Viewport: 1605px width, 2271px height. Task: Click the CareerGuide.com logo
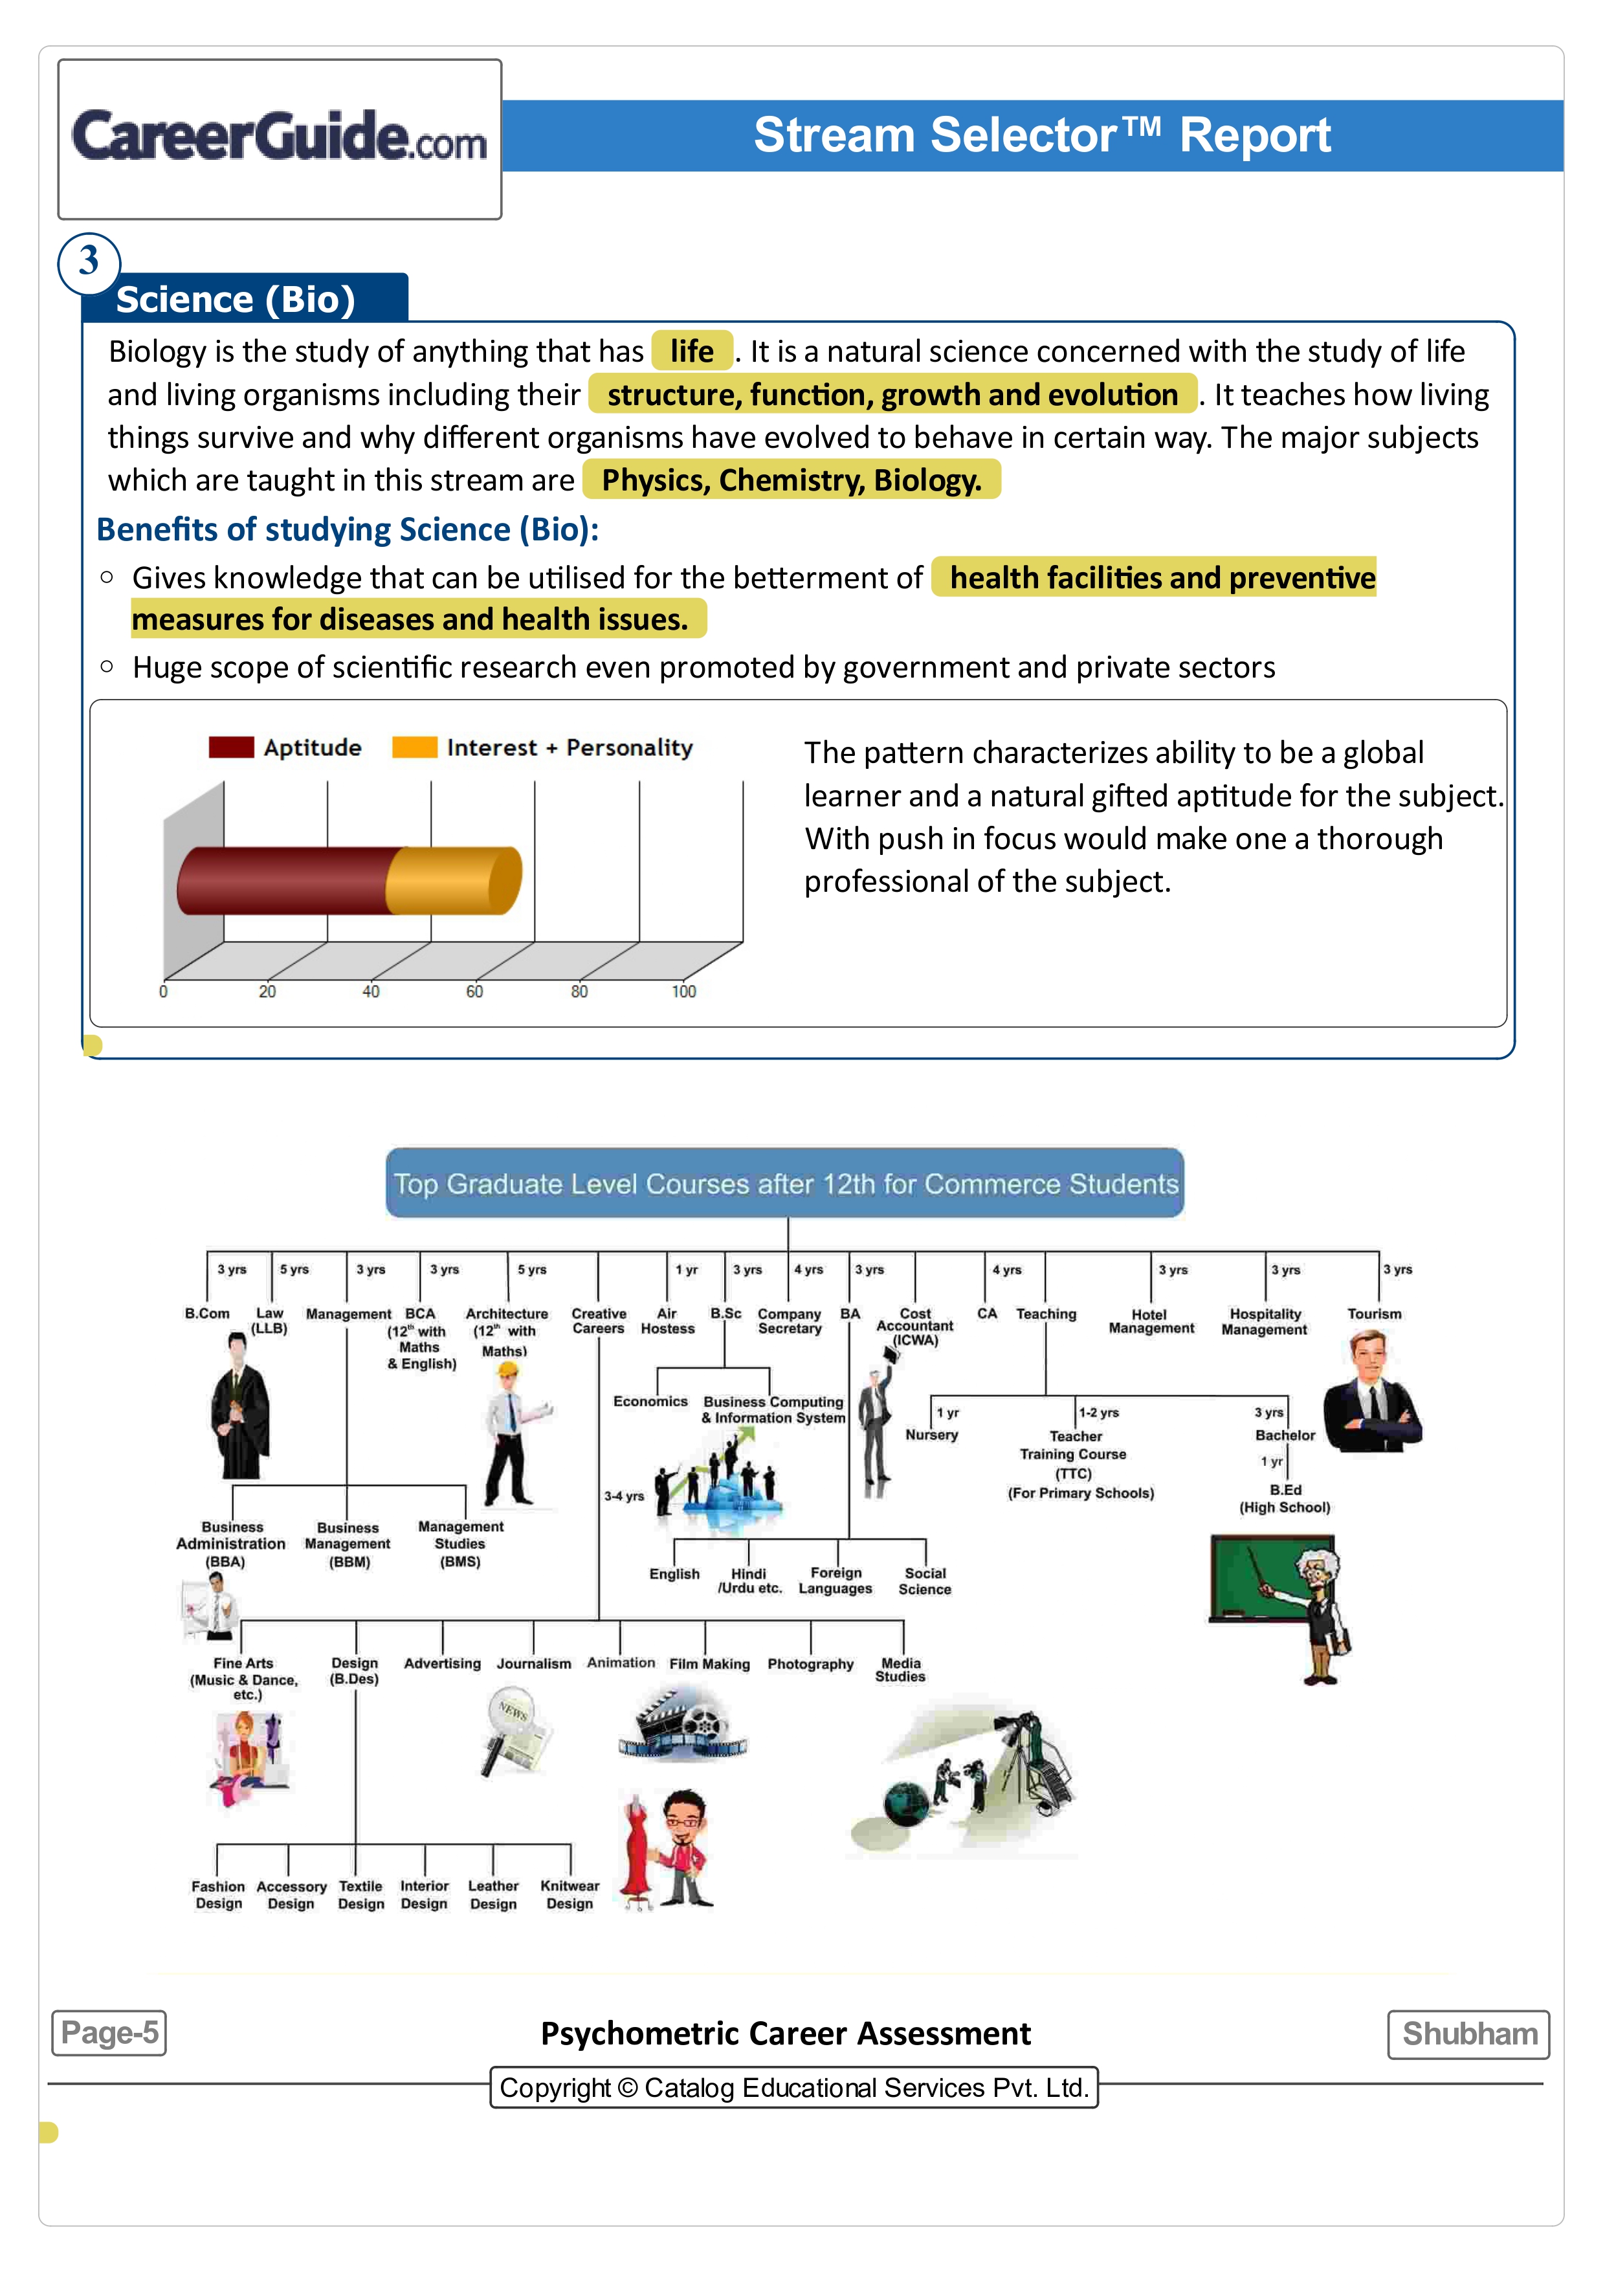[x=279, y=137]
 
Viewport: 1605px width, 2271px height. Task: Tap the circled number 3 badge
[x=89, y=262]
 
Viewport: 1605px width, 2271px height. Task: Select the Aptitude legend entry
[x=286, y=748]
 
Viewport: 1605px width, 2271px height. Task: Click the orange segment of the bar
[x=453, y=880]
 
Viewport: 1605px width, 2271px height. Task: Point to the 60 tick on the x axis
[x=474, y=991]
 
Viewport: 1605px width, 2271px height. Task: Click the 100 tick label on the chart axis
[x=683, y=991]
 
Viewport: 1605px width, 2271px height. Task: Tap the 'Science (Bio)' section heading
[x=236, y=299]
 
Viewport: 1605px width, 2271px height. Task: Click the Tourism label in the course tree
[x=1373, y=1314]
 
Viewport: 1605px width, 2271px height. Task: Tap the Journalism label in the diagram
[x=533, y=1664]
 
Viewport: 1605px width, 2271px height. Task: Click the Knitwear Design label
[x=570, y=1894]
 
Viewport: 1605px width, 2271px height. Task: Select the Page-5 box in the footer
[x=109, y=2033]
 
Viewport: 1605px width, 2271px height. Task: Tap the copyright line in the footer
[x=794, y=2087]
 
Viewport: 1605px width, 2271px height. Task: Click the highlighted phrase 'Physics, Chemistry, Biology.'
[x=791, y=480]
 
